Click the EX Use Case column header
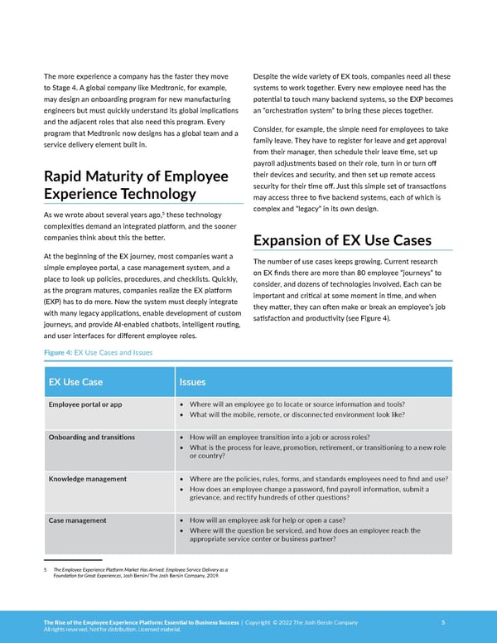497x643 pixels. (x=76, y=382)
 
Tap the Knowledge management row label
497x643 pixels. (x=88, y=479)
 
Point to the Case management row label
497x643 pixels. (x=78, y=520)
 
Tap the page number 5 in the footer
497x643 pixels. (x=443, y=622)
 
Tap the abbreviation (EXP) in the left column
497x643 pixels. (x=55, y=302)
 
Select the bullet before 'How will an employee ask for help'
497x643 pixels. (x=182, y=520)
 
